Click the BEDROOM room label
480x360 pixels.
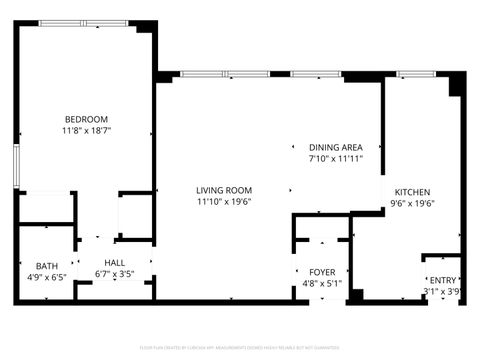point(86,119)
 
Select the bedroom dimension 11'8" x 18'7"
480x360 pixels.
point(86,130)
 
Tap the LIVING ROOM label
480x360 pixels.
point(223,190)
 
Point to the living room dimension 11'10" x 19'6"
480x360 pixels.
point(223,201)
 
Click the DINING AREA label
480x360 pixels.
point(335,147)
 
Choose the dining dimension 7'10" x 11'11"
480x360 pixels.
point(335,158)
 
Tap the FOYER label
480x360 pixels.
point(322,272)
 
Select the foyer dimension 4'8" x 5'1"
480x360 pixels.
point(322,283)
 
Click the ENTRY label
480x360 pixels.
point(441,281)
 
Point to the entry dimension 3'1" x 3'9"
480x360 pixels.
point(441,292)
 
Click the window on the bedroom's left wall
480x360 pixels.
point(16,166)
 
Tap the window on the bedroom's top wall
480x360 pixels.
point(85,22)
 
